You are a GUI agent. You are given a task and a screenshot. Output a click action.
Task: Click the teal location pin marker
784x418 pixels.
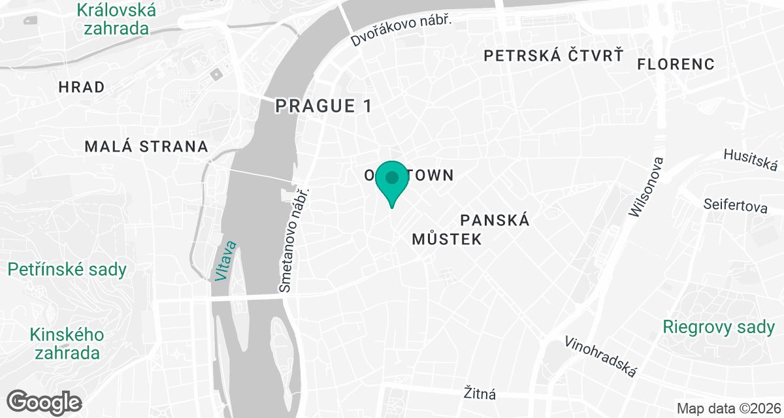392,180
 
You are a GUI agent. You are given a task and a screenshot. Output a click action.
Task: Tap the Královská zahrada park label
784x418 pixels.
116,19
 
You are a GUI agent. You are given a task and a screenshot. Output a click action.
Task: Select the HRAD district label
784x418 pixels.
82,87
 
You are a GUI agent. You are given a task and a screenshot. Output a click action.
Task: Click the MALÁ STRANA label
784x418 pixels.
146,146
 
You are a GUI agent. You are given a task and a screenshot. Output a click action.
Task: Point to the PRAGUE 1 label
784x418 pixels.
323,106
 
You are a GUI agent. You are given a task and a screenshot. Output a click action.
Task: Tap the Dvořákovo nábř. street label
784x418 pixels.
401,31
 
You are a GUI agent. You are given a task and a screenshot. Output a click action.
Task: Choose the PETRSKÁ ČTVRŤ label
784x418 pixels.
553,56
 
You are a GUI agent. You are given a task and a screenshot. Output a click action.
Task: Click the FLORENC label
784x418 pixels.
676,64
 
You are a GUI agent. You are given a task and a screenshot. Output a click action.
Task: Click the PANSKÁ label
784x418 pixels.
495,220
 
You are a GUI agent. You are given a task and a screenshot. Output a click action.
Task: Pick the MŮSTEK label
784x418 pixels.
447,239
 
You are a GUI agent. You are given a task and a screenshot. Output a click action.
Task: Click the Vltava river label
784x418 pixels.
225,261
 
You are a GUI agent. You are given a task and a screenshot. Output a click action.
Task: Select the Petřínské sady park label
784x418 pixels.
67,269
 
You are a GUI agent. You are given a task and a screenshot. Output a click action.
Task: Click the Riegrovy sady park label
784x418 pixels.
719,327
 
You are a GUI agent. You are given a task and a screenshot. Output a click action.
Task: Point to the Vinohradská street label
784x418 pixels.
600,357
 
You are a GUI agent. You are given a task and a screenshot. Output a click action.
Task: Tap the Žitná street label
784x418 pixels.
480,393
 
